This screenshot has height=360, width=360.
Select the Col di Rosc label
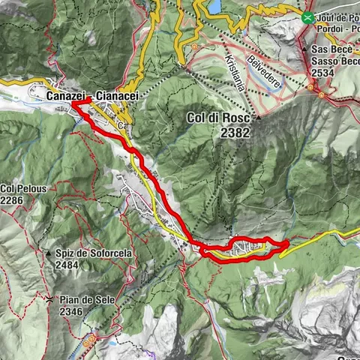pos(218,118)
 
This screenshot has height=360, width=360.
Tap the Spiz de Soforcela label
pos(93,253)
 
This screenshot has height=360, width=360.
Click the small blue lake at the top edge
pos(214,7)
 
